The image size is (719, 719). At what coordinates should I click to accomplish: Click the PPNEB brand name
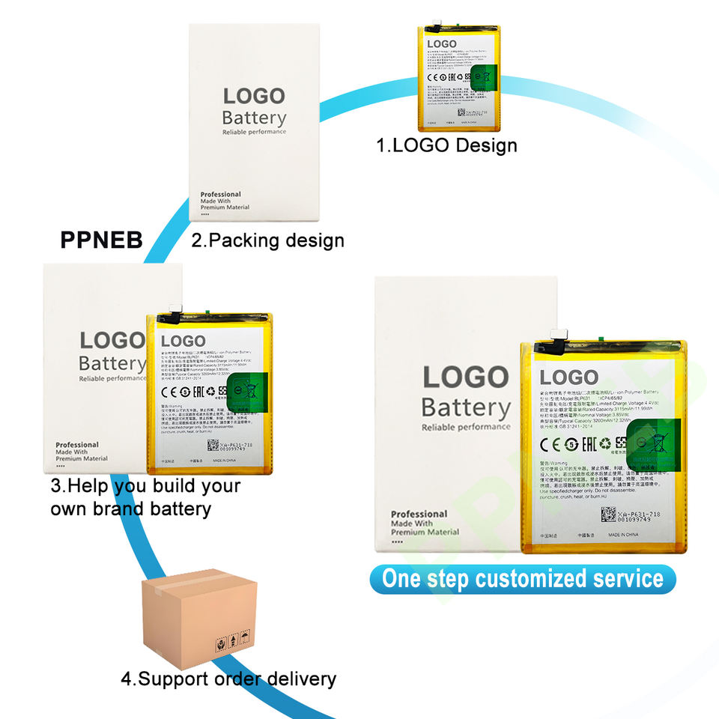point(101,241)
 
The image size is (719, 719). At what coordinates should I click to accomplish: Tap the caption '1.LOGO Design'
point(446,145)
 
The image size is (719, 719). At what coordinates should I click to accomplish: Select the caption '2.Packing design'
point(267,240)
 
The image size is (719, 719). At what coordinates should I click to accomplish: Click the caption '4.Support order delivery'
point(228,679)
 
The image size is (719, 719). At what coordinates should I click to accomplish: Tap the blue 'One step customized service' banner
point(523,579)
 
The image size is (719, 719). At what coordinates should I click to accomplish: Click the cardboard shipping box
point(198,617)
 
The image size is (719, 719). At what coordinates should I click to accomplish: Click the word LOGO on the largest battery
point(569,376)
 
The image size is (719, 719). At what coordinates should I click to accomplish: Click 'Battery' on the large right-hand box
point(466,408)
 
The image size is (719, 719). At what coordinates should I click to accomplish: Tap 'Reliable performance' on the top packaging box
point(254,132)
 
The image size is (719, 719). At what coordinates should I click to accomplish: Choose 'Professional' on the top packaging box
point(221,194)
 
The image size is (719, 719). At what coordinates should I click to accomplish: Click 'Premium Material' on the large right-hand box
point(425,532)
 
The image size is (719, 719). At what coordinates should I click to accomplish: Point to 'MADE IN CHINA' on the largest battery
point(626,536)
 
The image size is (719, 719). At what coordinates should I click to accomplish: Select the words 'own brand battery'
point(130,509)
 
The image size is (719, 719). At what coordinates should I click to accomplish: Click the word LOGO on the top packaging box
point(254,97)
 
